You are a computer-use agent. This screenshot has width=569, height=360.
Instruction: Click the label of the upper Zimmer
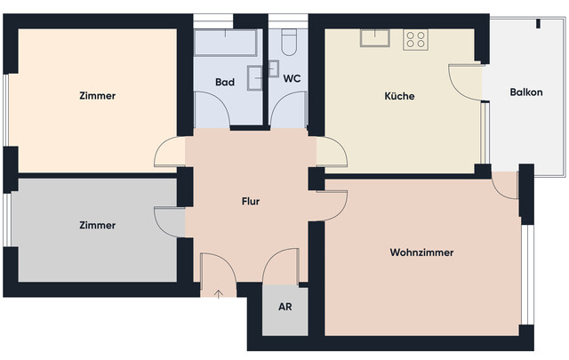click(97, 96)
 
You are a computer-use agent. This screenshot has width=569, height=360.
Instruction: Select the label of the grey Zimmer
click(97, 225)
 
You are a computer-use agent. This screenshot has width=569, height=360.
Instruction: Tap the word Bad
click(225, 82)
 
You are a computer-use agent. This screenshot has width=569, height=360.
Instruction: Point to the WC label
click(292, 78)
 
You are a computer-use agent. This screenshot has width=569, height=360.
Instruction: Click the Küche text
click(399, 96)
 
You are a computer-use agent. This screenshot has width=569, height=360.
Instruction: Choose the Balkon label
click(525, 93)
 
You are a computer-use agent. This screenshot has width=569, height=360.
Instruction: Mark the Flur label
click(251, 201)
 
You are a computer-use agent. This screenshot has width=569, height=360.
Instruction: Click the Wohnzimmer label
click(421, 252)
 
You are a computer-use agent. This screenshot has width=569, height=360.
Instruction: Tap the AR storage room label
click(284, 308)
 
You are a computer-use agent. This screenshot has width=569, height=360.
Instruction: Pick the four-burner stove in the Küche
click(415, 38)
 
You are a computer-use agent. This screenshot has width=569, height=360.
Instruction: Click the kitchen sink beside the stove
click(374, 37)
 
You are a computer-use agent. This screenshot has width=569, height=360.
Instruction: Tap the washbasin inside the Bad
click(256, 76)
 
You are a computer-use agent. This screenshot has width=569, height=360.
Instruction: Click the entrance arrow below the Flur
click(219, 292)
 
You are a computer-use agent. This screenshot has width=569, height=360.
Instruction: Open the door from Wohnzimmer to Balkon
click(505, 184)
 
